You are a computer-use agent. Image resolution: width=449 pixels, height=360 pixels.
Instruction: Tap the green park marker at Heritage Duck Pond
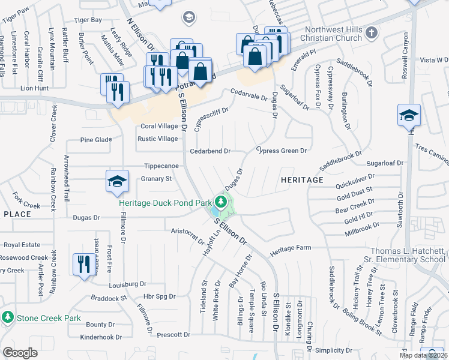point(221,201)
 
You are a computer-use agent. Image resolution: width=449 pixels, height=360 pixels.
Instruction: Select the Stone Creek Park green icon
point(8,317)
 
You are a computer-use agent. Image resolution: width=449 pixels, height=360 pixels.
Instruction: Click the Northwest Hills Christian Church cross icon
point(372,31)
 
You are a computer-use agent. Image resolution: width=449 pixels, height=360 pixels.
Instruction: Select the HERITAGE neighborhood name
point(301,179)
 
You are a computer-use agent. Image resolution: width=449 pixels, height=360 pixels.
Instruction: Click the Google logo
point(20,352)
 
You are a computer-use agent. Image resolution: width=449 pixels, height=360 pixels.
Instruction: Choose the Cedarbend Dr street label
point(210,151)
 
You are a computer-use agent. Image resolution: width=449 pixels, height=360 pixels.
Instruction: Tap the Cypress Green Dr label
point(282,151)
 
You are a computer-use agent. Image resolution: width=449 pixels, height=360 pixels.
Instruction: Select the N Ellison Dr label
point(141,34)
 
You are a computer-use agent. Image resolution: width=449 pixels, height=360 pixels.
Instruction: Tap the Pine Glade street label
point(96,140)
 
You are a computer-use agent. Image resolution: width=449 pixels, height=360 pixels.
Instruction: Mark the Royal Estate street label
point(22,245)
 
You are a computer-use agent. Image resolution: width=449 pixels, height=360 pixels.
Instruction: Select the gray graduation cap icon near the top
point(190,17)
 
